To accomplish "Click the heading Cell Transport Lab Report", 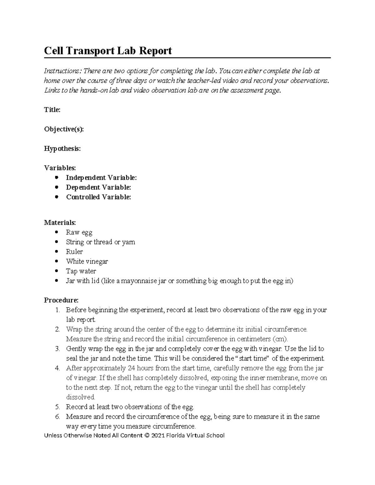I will point(108,51).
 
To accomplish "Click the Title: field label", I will point(52,110).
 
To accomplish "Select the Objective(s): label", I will point(64,129).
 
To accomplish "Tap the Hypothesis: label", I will point(62,149).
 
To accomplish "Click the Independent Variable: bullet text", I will point(101,178).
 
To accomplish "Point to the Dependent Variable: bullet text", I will point(98,187).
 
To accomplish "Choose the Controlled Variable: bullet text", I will point(98,197).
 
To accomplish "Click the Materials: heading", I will point(60,223).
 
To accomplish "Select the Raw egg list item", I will point(79,232).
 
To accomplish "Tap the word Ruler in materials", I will point(74,252).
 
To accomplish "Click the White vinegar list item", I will point(87,261).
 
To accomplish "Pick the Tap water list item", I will point(81,271).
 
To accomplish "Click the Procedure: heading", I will point(61,300).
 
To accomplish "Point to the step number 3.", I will point(57,349).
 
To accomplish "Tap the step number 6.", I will point(57,417).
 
